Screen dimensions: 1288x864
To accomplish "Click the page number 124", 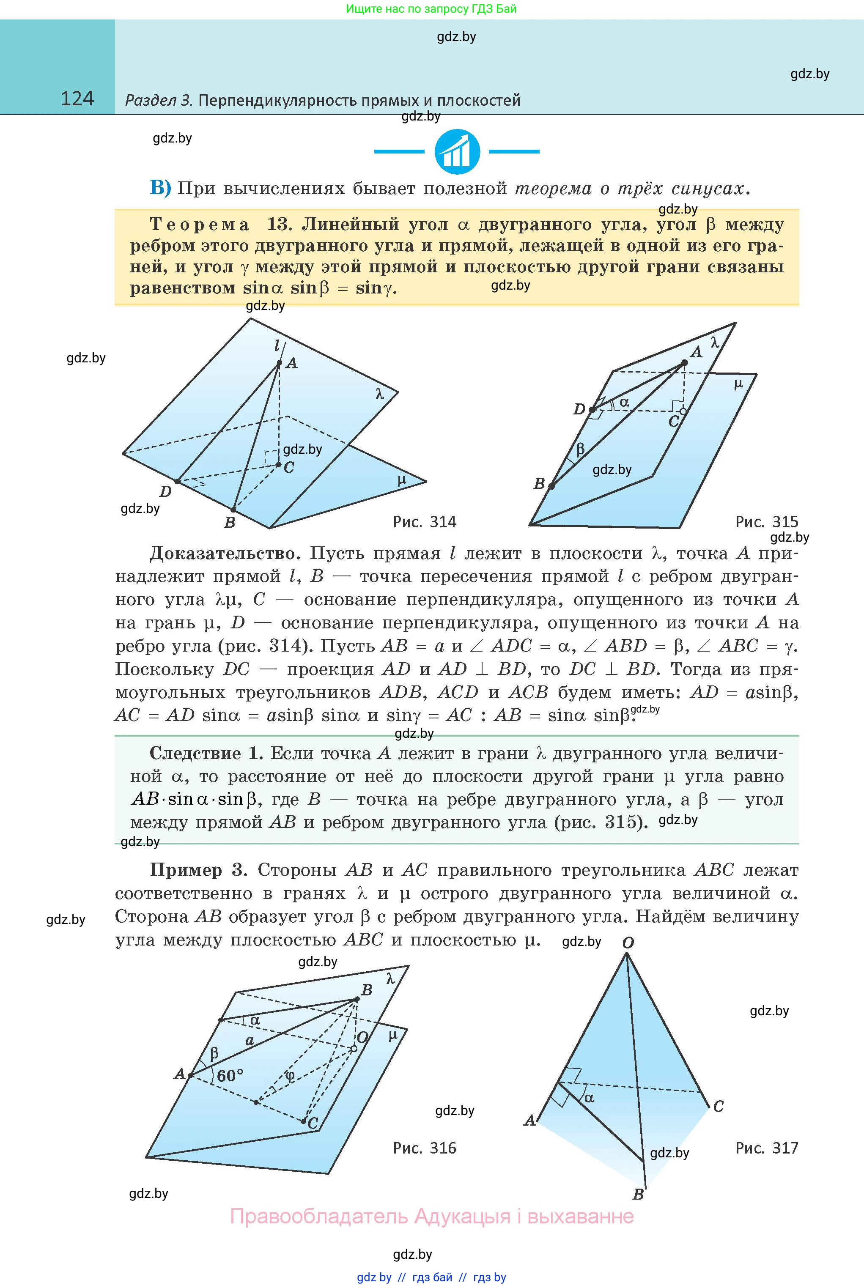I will [x=77, y=99].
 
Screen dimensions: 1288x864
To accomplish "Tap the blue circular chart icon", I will [x=457, y=151].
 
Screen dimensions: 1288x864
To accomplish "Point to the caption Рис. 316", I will [x=424, y=1148].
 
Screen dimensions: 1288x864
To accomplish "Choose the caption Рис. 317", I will [x=766, y=1148].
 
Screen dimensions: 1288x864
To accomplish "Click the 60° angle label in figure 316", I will [x=230, y=1075].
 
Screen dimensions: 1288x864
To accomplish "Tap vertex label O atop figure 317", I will [x=628, y=943].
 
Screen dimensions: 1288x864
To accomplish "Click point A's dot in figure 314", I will [x=280, y=363].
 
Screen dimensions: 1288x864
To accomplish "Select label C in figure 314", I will [x=289, y=468].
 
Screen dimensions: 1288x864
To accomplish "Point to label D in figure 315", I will [x=579, y=409].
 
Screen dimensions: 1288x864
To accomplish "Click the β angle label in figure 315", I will [x=580, y=449].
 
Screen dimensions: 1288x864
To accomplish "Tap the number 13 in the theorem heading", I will [x=278, y=224].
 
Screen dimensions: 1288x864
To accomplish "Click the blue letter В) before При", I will [x=160, y=189].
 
